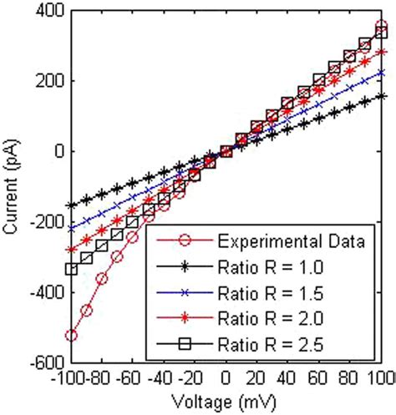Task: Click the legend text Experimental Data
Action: (x=289, y=243)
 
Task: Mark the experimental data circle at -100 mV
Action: (x=71, y=336)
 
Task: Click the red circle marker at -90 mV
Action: (x=87, y=310)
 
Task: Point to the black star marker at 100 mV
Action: (x=382, y=96)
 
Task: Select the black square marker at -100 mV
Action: (x=71, y=269)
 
